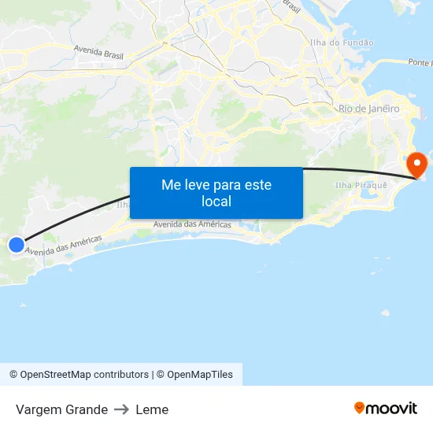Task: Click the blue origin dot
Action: (x=17, y=245)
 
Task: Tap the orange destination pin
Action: (x=416, y=165)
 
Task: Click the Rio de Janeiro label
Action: (x=368, y=109)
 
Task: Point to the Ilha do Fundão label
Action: (x=342, y=43)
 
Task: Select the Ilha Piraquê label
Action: (x=361, y=185)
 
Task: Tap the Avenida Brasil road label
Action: (x=98, y=53)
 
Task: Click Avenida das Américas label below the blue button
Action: (x=192, y=224)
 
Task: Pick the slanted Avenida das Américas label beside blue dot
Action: (x=63, y=245)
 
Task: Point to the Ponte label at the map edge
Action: (x=420, y=62)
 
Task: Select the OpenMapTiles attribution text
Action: (x=200, y=375)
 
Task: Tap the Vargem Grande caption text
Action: (x=61, y=409)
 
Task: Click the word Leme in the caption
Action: (x=152, y=409)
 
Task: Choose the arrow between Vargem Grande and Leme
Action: (x=121, y=409)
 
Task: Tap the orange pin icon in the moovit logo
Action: (x=360, y=408)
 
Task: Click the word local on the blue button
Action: (x=216, y=202)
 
